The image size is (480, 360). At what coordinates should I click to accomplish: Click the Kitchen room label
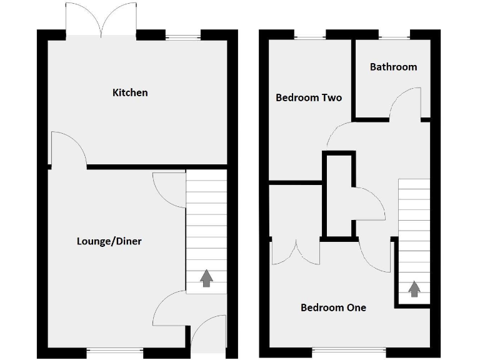(130, 92)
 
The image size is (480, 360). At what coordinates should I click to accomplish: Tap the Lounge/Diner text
(109, 241)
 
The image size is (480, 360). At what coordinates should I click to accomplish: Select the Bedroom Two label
(309, 97)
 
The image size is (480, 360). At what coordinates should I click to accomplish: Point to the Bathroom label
(393, 67)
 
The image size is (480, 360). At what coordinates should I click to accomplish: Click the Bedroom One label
(333, 307)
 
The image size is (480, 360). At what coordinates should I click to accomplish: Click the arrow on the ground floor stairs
(206, 279)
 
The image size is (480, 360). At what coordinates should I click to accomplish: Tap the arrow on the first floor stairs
(414, 289)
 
